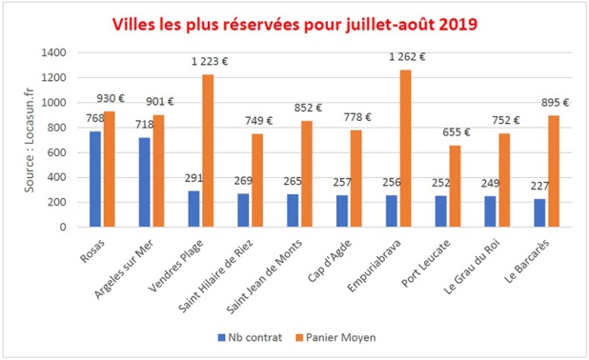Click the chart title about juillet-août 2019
pyautogui.click(x=294, y=22)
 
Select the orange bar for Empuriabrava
pyautogui.click(x=407, y=149)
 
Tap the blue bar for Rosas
pyautogui.click(x=95, y=179)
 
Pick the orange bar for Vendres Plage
pyautogui.click(x=208, y=150)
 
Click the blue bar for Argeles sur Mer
pyautogui.click(x=145, y=182)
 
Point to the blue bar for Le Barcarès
pyautogui.click(x=540, y=212)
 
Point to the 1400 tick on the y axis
pyautogui.click(x=54, y=52)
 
